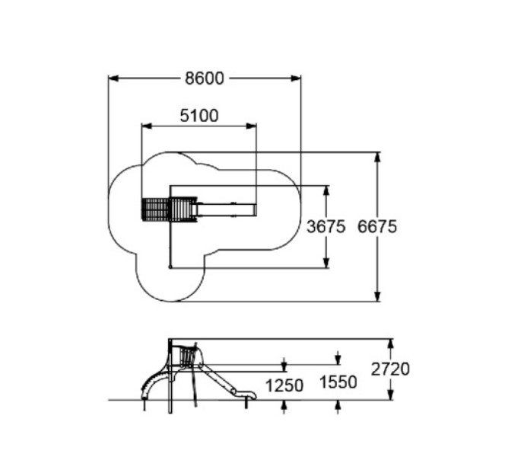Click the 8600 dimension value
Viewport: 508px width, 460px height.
point(204,78)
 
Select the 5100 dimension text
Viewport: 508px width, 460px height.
point(198,116)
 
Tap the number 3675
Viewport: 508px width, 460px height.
point(326,226)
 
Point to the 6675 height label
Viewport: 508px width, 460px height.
point(377,226)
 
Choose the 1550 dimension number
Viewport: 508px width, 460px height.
point(338,382)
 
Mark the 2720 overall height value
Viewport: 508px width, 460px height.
point(391,369)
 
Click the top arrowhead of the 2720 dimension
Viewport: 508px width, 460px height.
point(391,344)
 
